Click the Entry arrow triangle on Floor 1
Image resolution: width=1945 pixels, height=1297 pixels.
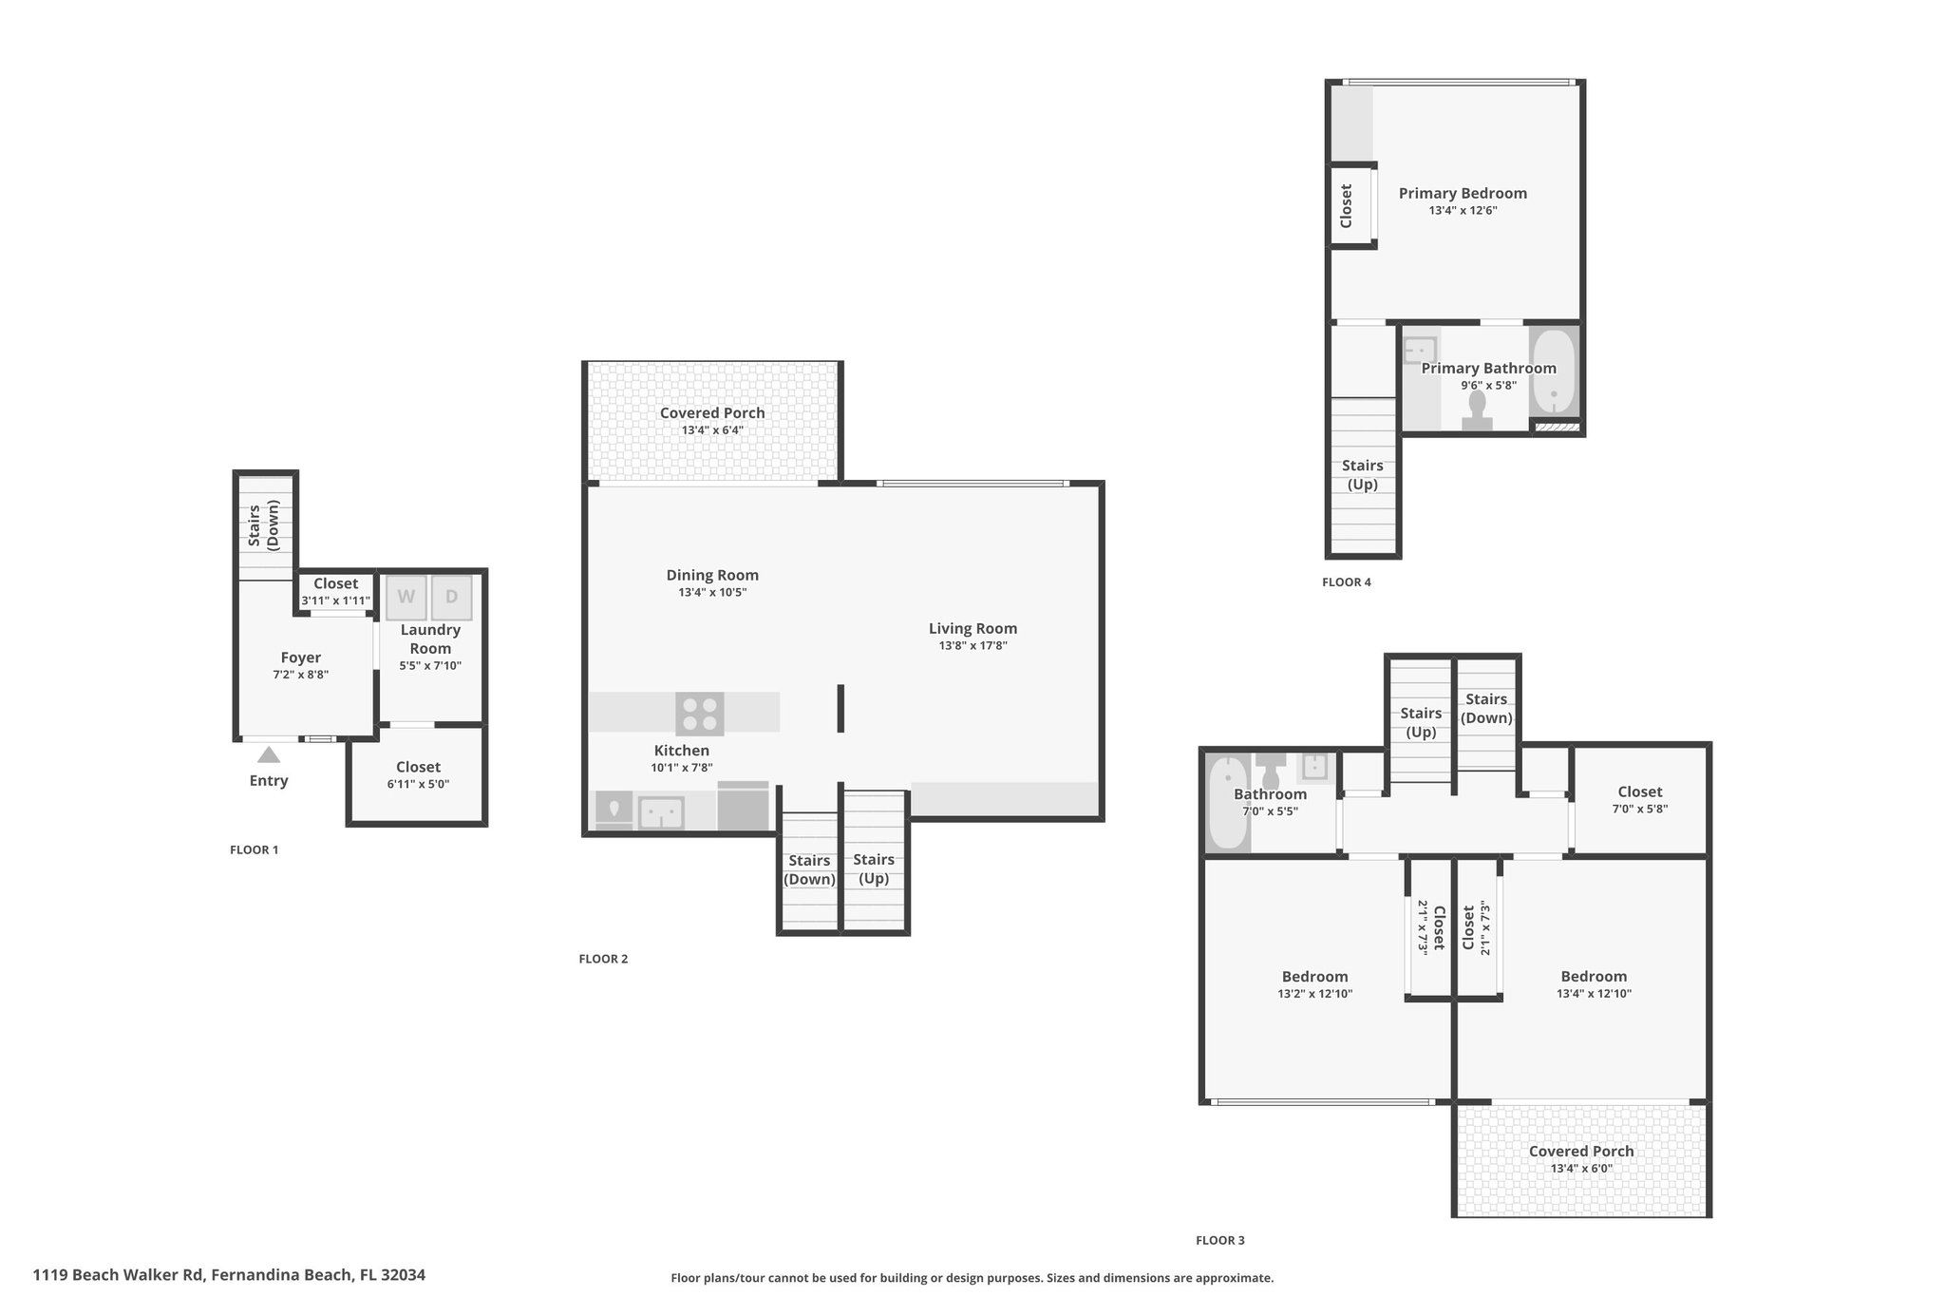point(269,754)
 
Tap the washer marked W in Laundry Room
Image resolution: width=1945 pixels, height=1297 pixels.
point(406,598)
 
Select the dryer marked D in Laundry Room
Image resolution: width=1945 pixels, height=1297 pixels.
point(452,598)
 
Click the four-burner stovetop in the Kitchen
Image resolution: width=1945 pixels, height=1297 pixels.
point(700,714)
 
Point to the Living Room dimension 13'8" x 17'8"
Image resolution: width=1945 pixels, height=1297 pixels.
point(972,646)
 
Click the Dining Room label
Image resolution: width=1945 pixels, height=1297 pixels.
point(712,575)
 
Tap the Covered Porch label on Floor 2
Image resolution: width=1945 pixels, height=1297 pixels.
point(712,413)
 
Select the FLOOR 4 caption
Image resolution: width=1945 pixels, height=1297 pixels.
point(1347,582)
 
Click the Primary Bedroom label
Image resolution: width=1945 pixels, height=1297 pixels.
point(1463,194)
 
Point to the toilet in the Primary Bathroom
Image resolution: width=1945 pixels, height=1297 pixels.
point(1477,410)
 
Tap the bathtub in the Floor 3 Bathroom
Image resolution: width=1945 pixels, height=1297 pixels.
point(1228,802)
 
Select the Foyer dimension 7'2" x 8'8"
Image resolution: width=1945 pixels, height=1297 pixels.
point(300,675)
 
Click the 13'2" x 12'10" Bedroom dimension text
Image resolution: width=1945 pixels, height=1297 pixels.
point(1315,994)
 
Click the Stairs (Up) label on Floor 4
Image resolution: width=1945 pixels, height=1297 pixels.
point(1363,475)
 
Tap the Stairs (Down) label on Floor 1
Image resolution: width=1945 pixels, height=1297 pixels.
point(262,525)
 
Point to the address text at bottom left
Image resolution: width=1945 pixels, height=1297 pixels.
point(229,1275)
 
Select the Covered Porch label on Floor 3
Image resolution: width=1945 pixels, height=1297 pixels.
point(1581,1152)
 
